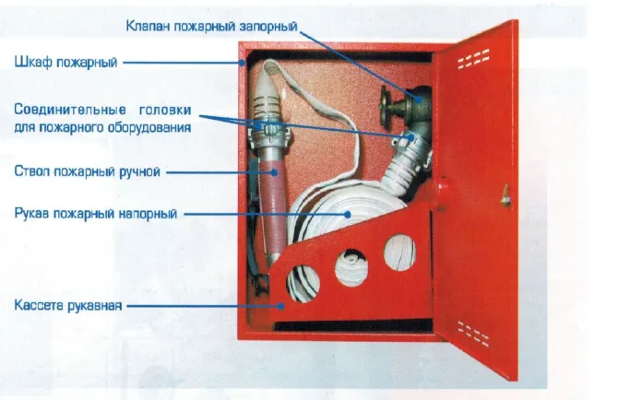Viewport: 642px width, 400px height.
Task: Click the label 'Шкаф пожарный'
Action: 65,63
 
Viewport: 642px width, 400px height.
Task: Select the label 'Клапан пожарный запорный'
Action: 211,26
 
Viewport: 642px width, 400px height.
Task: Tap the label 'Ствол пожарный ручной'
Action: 87,171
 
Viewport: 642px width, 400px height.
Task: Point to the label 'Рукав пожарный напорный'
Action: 96,214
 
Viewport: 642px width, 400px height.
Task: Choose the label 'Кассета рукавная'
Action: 68,305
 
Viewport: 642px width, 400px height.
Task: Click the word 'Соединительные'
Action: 70,110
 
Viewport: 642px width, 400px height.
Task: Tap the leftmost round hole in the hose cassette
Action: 303,284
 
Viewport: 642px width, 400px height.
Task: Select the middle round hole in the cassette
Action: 351,268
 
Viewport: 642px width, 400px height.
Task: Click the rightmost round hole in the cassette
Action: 399,253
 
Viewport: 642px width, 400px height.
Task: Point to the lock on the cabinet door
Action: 506,196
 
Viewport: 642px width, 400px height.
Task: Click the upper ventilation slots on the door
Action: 473,59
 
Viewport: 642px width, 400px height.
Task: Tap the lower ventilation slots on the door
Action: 473,333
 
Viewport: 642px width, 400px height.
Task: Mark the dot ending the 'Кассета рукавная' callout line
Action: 281,305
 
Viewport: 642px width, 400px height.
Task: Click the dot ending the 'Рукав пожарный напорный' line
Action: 348,214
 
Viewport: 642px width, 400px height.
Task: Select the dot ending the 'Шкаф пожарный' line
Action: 243,63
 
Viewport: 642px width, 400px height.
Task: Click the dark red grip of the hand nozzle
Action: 270,205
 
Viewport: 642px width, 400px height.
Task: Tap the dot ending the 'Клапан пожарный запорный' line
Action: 418,99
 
